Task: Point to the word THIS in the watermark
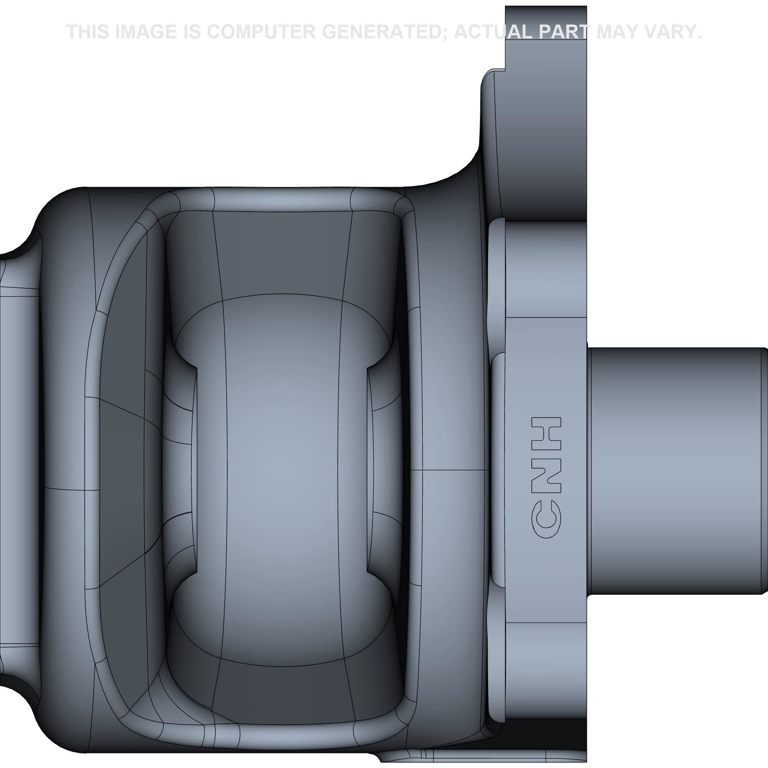(88, 32)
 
